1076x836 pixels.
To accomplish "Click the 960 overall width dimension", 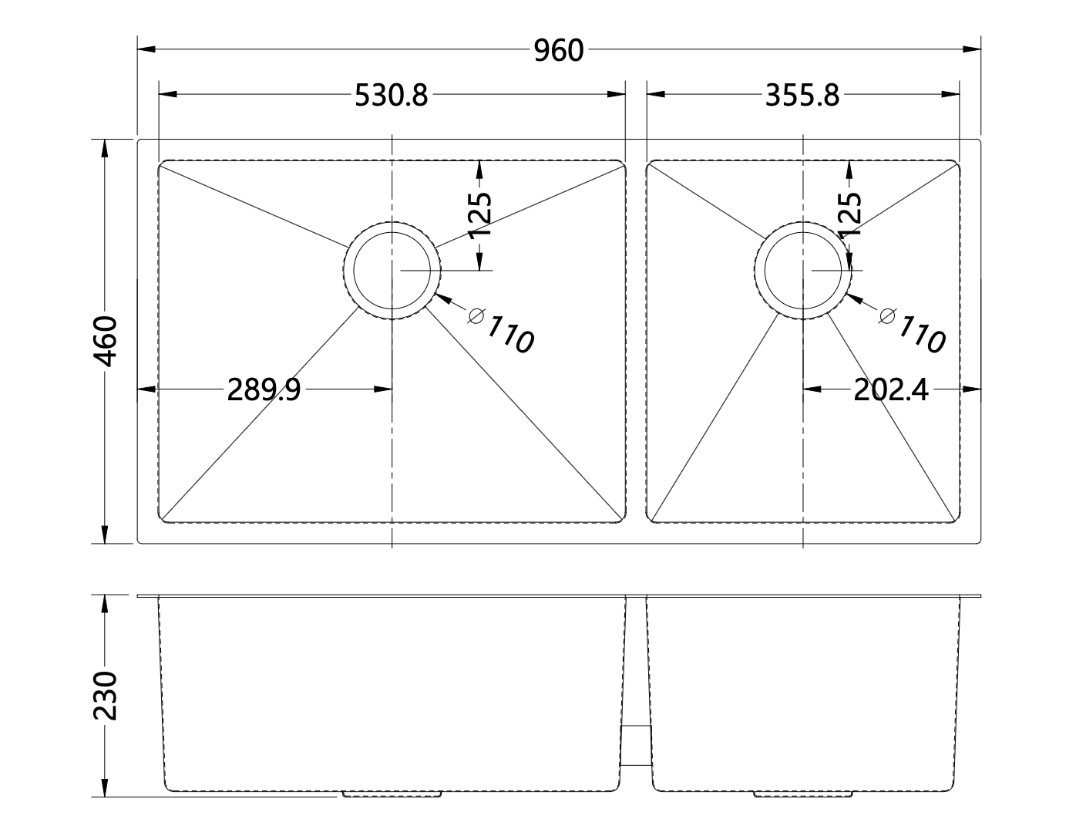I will pyautogui.click(x=559, y=51).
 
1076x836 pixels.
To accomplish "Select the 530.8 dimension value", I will pyautogui.click(x=391, y=96).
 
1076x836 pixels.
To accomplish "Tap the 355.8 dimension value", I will pyautogui.click(x=802, y=96).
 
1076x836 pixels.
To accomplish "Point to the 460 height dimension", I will pyautogui.click(x=105, y=341).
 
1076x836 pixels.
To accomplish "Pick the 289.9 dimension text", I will pyautogui.click(x=264, y=391).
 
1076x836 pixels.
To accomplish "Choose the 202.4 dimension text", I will pyautogui.click(x=890, y=391).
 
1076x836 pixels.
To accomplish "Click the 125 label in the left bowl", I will pyautogui.click(x=479, y=214).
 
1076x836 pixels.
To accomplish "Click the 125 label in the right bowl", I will pyautogui.click(x=849, y=214).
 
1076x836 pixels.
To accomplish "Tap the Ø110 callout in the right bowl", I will pyautogui.click(x=914, y=329).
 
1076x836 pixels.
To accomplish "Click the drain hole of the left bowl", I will pyautogui.click(x=392, y=271).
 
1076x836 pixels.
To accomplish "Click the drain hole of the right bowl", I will pyautogui.click(x=803, y=271).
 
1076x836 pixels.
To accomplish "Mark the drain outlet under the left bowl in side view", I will pyautogui.click(x=392, y=793).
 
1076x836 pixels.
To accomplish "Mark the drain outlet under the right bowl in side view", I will pyautogui.click(x=803, y=793).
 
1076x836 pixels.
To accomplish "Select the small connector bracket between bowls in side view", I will pyautogui.click(x=636, y=745).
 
